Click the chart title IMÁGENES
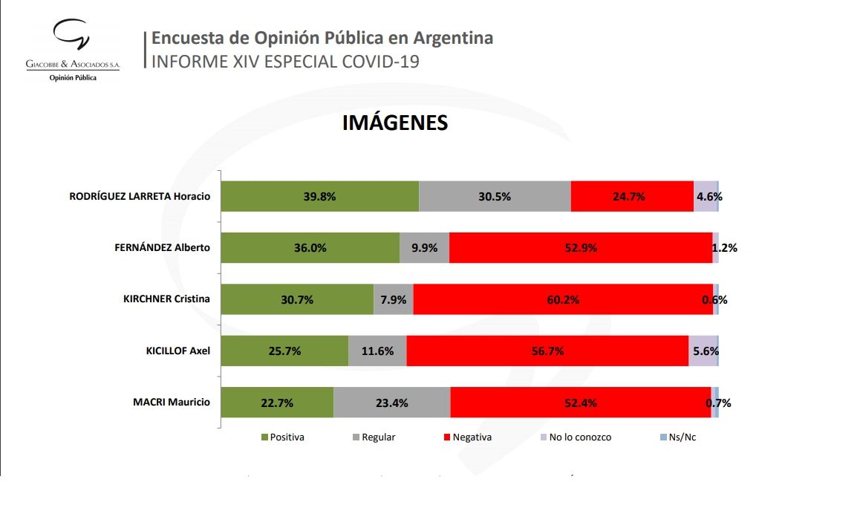click(394, 123)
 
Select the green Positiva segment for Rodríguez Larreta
click(320, 197)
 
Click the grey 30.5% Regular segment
click(495, 197)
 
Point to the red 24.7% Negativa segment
click(631, 197)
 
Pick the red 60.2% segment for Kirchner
click(562, 300)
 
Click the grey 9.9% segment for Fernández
click(424, 248)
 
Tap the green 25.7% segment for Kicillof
click(285, 351)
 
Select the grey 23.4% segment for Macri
click(391, 403)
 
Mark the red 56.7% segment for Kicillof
click(547, 351)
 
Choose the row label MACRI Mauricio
click(172, 403)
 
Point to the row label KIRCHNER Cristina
click(166, 299)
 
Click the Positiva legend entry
click(282, 437)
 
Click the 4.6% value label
click(708, 197)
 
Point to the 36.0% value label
click(310, 248)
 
